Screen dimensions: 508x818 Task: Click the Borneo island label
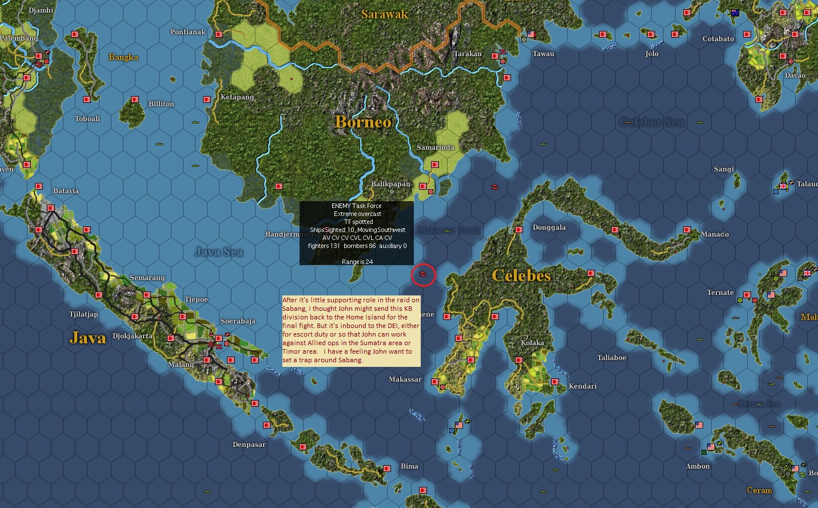point(364,122)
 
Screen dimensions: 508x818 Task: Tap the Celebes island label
point(521,275)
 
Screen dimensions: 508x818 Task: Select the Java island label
point(88,338)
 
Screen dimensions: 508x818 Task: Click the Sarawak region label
point(385,14)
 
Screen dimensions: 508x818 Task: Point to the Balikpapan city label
point(390,184)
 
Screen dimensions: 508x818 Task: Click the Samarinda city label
point(436,147)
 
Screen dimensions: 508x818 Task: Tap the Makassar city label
point(405,379)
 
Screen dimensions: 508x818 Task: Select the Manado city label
point(715,234)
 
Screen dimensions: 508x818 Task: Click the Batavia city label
point(66,191)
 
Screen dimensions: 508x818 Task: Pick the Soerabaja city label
point(238,321)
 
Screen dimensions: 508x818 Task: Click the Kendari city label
point(582,386)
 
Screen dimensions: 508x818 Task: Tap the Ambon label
point(697,466)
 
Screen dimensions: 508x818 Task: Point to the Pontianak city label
point(187,32)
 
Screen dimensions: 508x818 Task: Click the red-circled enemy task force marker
point(423,275)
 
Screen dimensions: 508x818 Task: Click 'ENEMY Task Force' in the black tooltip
point(356,206)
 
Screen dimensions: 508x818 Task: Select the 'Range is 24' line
point(357,262)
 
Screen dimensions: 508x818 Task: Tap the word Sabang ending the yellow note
point(350,360)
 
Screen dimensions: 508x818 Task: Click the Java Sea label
point(218,251)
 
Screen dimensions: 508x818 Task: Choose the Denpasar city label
point(249,445)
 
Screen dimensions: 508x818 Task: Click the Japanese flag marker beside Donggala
point(519,230)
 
